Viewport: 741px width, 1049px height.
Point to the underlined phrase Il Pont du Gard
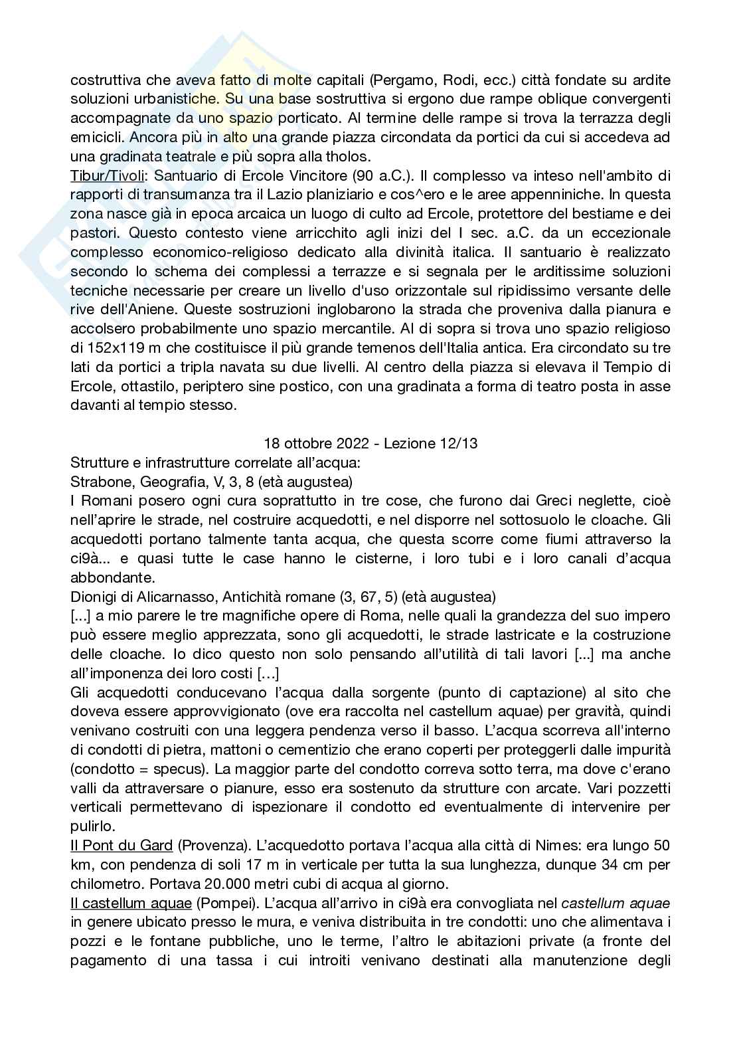pyautogui.click(x=122, y=846)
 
